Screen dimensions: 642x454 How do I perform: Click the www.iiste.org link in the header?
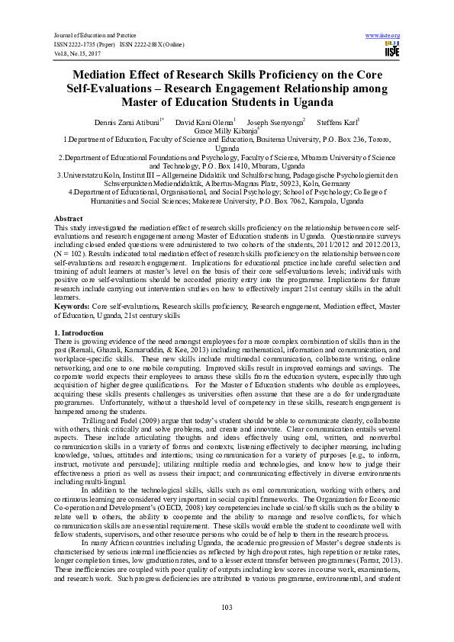click(384, 36)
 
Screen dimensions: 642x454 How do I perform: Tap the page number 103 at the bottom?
click(226, 607)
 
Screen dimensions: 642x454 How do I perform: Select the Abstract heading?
click(69, 218)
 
